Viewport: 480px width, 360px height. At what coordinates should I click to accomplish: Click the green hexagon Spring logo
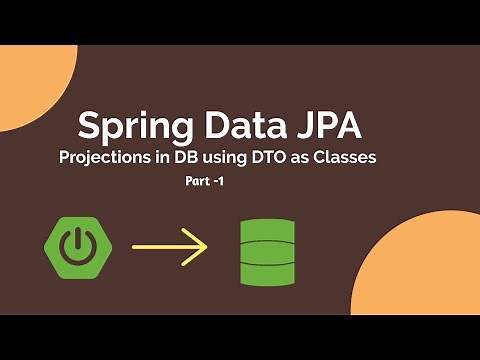77,245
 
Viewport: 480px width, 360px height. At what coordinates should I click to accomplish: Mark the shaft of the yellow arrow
160,246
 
